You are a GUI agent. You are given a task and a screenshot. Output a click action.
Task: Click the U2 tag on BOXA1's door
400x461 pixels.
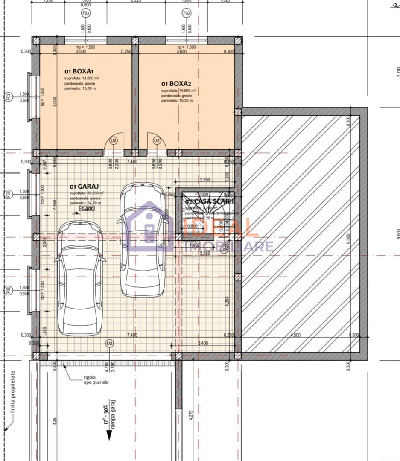[x=114, y=140]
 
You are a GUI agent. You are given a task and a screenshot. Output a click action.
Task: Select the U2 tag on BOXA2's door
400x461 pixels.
[x=157, y=140]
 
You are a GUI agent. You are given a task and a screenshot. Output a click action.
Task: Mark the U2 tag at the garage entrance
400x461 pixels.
[x=110, y=343]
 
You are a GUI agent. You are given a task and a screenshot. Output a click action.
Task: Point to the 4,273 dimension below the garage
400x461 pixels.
[x=190, y=416]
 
